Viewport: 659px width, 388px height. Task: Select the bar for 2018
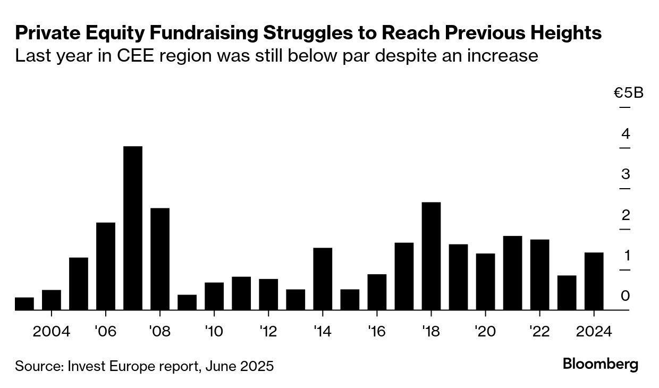click(431, 256)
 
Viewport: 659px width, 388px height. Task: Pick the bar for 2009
click(187, 302)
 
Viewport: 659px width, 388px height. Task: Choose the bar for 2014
click(323, 279)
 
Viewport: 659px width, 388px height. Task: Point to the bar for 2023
click(567, 292)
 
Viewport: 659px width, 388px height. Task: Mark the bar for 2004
click(52, 299)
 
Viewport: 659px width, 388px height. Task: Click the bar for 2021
click(512, 272)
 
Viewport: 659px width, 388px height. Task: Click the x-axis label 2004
click(52, 332)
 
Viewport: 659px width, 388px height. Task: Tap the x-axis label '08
click(160, 332)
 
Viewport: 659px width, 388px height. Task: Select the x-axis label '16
click(377, 332)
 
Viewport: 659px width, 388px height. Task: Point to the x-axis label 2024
click(594, 332)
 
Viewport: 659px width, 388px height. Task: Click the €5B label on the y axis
click(629, 93)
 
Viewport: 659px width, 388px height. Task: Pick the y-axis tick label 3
click(626, 174)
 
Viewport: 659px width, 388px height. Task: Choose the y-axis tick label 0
click(626, 296)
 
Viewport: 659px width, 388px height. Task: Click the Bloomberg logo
click(601, 365)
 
